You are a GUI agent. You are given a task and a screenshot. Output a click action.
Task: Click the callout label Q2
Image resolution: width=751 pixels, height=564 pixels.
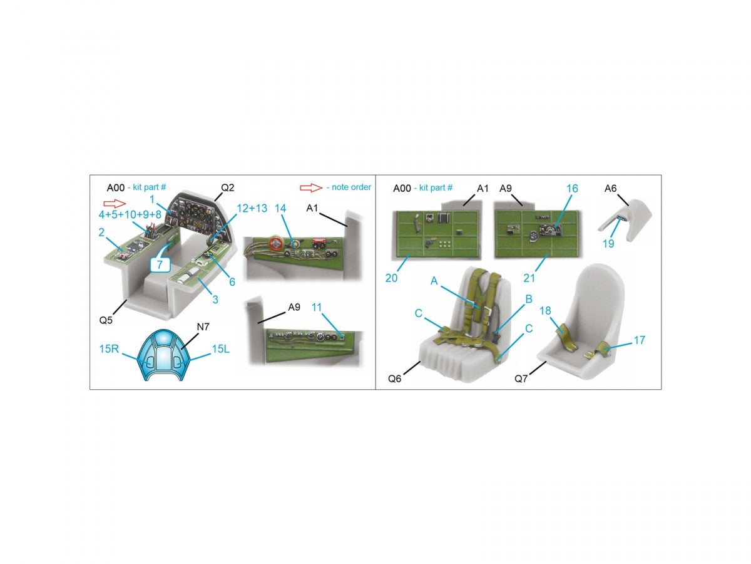(x=227, y=187)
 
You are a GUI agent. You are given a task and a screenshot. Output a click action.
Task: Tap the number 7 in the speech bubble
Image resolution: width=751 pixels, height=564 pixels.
(x=160, y=264)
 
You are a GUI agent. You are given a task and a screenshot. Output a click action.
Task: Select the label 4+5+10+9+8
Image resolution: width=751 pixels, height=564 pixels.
(x=130, y=215)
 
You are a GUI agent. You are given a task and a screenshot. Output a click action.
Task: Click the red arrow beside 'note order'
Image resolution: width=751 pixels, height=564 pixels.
(x=310, y=187)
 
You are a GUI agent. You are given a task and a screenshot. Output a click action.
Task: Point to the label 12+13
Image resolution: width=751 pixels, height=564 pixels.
(x=252, y=208)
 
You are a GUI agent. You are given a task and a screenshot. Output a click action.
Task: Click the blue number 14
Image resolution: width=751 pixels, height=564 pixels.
(x=280, y=208)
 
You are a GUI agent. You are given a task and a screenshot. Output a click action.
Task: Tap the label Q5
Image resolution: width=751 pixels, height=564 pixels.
(x=106, y=320)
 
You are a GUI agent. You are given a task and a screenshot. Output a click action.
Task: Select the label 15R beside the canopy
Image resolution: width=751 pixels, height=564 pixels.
(x=109, y=349)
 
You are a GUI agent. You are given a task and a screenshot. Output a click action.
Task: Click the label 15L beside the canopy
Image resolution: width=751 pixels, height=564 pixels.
(x=220, y=349)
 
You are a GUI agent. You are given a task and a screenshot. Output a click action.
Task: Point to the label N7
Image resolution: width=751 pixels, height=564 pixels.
(x=203, y=327)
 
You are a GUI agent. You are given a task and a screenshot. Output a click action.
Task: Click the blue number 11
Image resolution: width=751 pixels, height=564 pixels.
(x=317, y=307)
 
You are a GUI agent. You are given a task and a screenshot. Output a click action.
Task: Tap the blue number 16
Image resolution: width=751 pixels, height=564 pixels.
(x=572, y=189)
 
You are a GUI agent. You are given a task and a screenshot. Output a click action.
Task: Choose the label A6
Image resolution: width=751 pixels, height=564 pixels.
(x=610, y=189)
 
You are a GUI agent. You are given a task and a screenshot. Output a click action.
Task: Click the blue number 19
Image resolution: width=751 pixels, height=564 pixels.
(x=608, y=244)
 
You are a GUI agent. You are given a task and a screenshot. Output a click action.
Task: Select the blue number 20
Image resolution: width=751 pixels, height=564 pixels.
(x=391, y=278)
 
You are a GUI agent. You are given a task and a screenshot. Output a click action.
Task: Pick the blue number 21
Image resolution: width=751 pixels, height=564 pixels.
(x=529, y=278)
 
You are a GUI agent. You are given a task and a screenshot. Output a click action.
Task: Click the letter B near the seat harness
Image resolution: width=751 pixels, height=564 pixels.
(x=529, y=299)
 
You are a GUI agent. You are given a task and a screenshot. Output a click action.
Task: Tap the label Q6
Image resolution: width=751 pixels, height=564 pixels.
(x=394, y=379)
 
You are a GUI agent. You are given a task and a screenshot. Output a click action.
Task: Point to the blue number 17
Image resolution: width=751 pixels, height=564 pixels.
(x=639, y=340)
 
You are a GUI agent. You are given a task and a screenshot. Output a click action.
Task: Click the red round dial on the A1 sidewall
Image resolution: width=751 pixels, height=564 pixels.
(x=275, y=243)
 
